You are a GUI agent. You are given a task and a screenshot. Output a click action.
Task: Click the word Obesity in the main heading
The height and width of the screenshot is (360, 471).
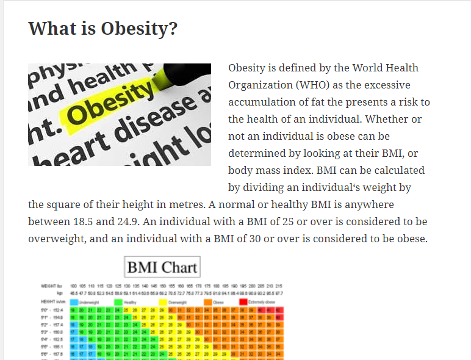[139, 29]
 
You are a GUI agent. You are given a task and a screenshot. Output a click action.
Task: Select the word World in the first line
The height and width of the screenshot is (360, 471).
[370, 68]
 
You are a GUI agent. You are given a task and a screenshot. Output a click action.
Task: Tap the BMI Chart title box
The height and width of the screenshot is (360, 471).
[162, 267]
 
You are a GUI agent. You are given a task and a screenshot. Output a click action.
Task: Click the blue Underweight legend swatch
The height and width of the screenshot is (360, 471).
[74, 301]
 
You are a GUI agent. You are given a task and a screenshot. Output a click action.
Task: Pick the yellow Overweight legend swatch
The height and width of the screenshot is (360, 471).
[163, 301]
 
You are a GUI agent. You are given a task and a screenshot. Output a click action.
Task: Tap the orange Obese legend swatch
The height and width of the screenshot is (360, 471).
[208, 301]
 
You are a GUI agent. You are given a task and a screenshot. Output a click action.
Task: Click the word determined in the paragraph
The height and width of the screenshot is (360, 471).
[259, 153]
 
